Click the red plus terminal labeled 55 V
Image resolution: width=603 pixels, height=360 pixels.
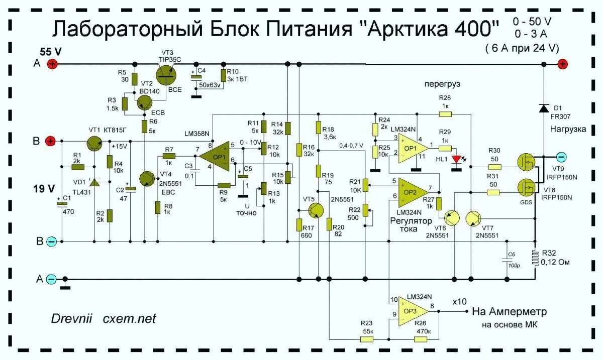(52, 64)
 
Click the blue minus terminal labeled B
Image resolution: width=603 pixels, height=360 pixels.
(52, 242)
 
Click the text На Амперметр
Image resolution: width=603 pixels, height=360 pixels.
(509, 312)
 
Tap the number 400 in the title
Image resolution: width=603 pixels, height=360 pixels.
(476, 29)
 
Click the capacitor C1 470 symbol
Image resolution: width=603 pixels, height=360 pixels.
(62, 201)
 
